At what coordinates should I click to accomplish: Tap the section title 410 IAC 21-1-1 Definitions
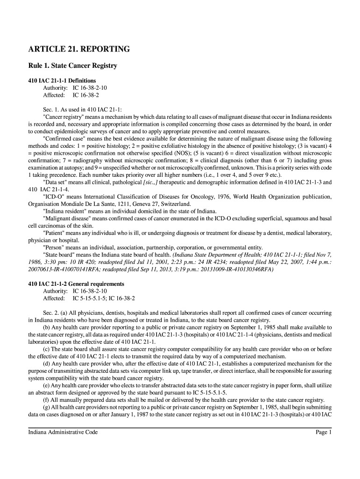tap(62, 80)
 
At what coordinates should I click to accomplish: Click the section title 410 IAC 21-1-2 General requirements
tap(76, 283)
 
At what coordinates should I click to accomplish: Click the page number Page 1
tap(324, 432)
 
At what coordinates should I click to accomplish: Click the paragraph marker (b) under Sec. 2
tap(46, 327)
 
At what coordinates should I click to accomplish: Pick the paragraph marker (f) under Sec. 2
tap(46, 399)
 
